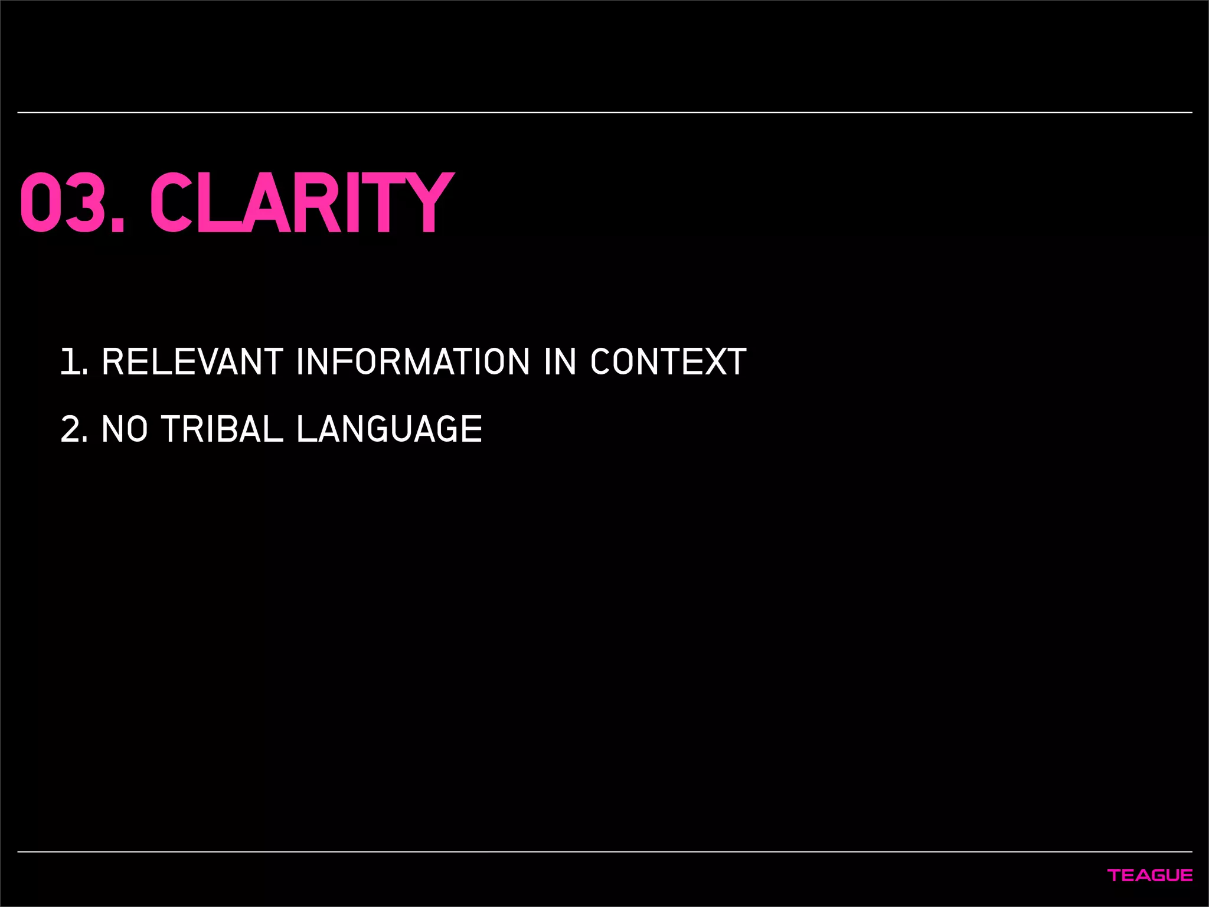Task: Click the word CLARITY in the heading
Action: pyautogui.click(x=301, y=203)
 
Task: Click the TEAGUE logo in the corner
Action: pyautogui.click(x=1150, y=875)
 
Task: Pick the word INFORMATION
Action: pyautogui.click(x=413, y=361)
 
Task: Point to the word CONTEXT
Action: pyautogui.click(x=668, y=361)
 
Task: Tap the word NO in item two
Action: pyautogui.click(x=125, y=429)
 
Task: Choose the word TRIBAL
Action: pyautogui.click(x=222, y=429)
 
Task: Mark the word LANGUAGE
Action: pyautogui.click(x=389, y=429)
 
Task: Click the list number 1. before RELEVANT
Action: pyautogui.click(x=73, y=361)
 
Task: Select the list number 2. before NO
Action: pyautogui.click(x=74, y=429)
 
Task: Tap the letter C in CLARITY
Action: pyautogui.click(x=171, y=203)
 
